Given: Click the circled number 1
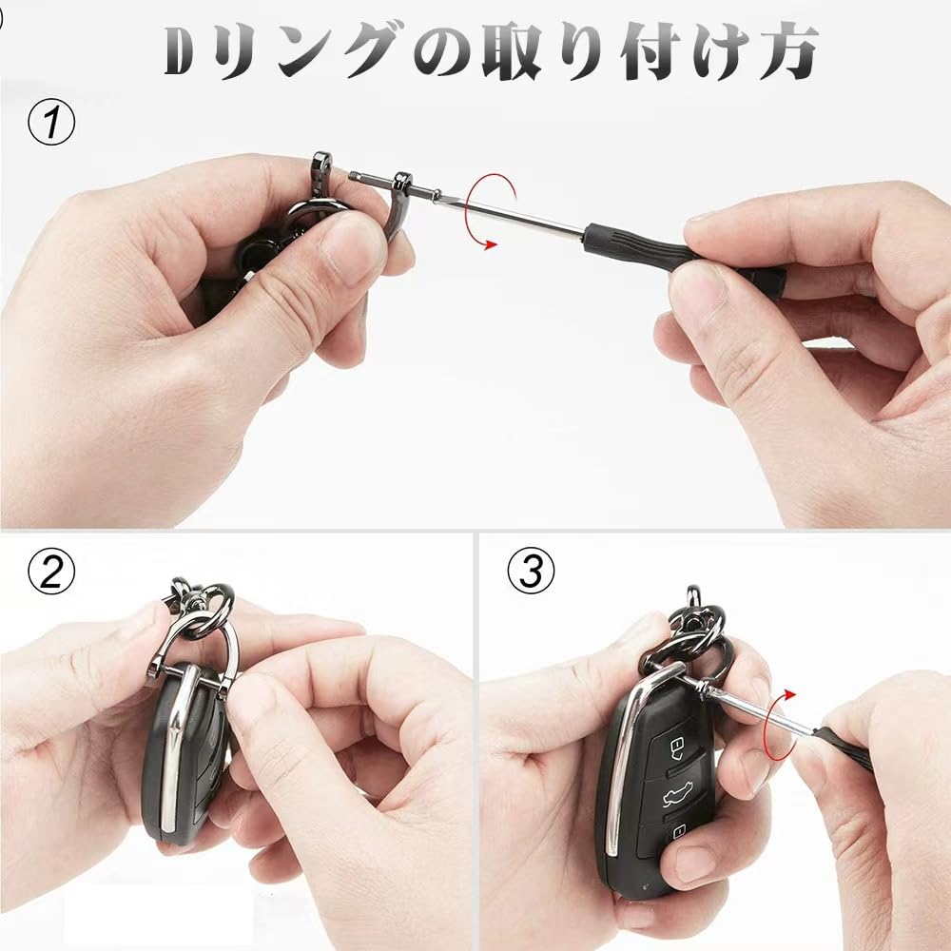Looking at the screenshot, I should pyautogui.click(x=52, y=126).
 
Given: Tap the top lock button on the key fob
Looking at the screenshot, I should pyautogui.click(x=676, y=745).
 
